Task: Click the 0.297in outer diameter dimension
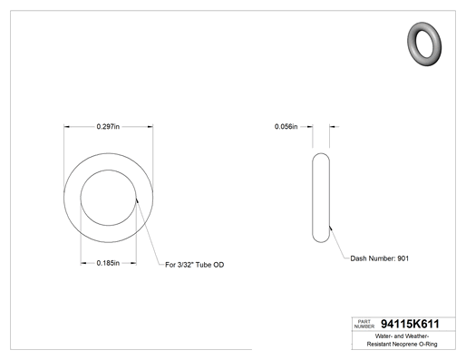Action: click(x=108, y=126)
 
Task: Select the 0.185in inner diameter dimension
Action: click(x=108, y=263)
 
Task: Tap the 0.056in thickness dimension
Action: click(x=286, y=126)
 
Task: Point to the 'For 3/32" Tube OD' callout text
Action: click(x=194, y=265)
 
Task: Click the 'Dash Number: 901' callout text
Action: click(x=380, y=258)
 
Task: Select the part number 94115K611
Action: click(x=410, y=324)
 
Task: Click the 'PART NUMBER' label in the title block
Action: click(x=364, y=324)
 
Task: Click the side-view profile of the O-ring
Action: click(x=313, y=198)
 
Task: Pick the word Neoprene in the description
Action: click(x=404, y=344)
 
